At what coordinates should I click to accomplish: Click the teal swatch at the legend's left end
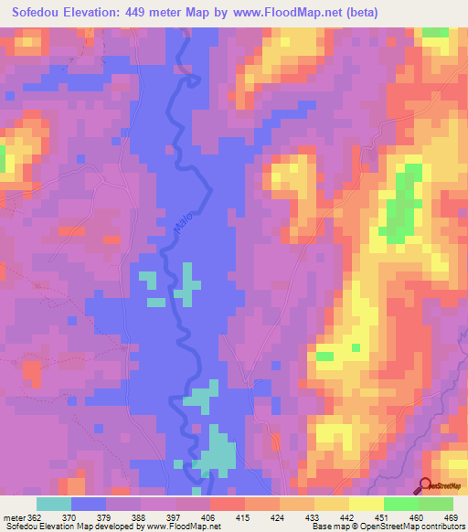point(54,504)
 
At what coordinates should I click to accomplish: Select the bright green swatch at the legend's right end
point(435,504)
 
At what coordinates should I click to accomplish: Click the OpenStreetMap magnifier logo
point(426,486)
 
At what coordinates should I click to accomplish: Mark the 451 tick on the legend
point(381,517)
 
